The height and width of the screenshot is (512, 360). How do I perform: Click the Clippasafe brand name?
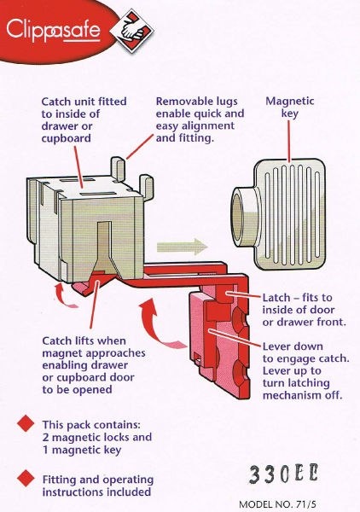53,30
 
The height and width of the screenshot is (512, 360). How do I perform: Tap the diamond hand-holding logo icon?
132,31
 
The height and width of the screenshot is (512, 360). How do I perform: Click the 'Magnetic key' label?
289,107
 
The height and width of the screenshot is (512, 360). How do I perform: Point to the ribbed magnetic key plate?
290,214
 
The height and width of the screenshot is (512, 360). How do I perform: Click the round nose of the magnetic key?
244,218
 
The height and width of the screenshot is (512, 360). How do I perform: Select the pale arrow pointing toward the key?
182,247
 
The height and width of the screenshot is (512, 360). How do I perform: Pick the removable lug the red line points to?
118,168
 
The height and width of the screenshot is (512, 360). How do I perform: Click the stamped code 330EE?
283,474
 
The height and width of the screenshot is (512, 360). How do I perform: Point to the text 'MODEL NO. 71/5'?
277,504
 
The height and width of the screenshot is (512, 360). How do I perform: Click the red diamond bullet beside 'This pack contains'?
26,423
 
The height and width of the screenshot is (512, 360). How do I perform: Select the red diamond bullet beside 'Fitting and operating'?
26,478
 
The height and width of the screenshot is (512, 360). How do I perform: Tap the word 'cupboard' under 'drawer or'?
67,139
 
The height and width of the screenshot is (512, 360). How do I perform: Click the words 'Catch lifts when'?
84,340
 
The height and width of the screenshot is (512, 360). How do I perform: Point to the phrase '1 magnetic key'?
82,450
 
